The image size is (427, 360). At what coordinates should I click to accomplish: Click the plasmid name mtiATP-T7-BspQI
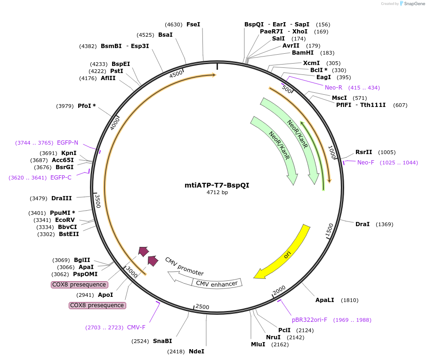tap(217, 185)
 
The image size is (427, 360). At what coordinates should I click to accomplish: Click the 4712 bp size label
tap(217, 192)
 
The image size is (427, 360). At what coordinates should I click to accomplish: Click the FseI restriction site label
tap(193, 25)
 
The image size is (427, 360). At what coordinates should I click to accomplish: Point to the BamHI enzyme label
tap(303, 53)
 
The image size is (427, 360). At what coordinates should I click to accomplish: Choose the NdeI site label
tap(196, 351)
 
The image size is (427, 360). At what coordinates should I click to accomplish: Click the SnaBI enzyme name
tap(162, 341)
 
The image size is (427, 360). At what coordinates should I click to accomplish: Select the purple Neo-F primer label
tap(366, 163)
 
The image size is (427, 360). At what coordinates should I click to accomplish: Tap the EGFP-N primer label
tap(67, 142)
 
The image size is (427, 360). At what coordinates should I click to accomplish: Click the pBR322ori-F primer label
tap(310, 319)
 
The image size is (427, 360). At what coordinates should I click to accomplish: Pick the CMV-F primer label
tap(136, 327)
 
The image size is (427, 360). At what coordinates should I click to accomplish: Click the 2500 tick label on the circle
tap(202, 307)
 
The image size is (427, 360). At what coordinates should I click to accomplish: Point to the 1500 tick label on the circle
tap(329, 230)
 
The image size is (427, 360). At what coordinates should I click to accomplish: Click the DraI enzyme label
tap(363, 224)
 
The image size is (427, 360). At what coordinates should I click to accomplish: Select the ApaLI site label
tap(325, 300)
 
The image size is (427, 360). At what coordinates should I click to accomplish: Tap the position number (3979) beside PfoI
tap(65, 106)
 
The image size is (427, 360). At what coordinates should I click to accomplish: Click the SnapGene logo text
tap(414, 4)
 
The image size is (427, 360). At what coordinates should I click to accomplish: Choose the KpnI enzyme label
tap(69, 153)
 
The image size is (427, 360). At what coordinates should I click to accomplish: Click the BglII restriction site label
tap(82, 260)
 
